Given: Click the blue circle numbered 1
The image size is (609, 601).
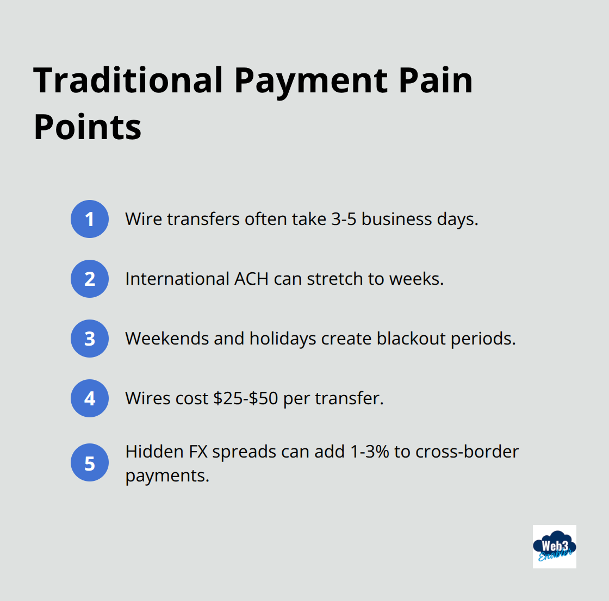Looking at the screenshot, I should tap(90, 219).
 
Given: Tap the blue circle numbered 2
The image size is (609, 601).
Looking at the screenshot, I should tap(90, 279).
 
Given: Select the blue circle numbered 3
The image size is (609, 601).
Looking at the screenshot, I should tap(90, 339).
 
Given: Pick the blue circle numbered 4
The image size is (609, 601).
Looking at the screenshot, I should tap(90, 398).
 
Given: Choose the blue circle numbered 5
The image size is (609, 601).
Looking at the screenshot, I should tap(90, 464).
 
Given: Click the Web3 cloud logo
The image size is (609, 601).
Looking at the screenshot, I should tap(554, 547).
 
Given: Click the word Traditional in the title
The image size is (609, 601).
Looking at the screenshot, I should tap(128, 80).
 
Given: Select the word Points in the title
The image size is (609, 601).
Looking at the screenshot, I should tap(88, 127).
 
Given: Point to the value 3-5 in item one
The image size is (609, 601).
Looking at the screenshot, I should tap(344, 219).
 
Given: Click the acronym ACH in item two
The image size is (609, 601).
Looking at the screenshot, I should tap(251, 279).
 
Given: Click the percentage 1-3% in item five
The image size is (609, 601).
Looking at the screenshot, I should tap(370, 452).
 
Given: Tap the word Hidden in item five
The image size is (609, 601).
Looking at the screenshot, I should tap(154, 452).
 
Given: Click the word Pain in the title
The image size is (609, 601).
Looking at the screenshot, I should tap(436, 80).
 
